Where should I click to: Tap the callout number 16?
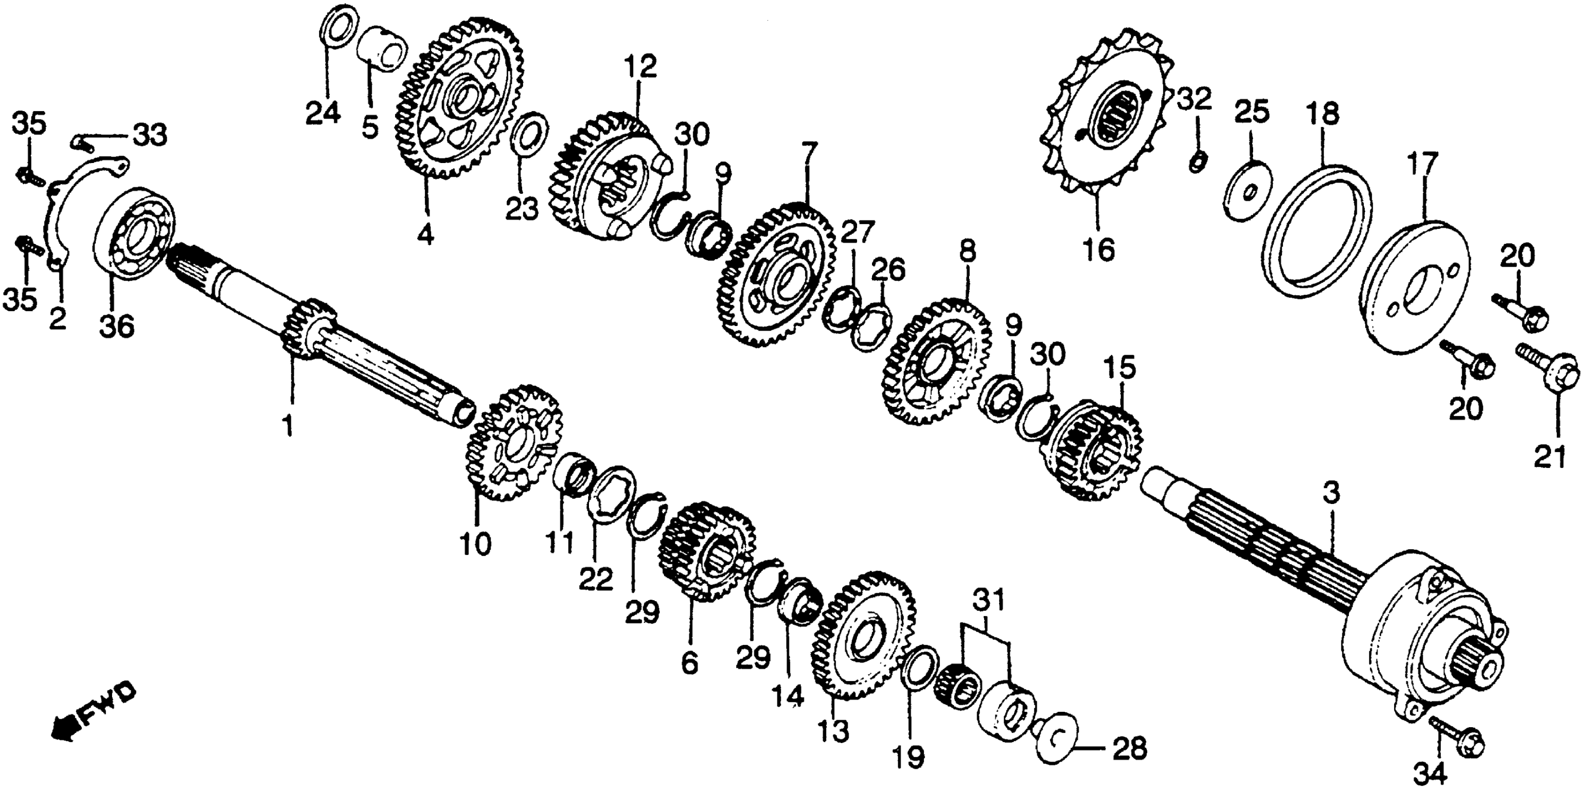[x=1098, y=250]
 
